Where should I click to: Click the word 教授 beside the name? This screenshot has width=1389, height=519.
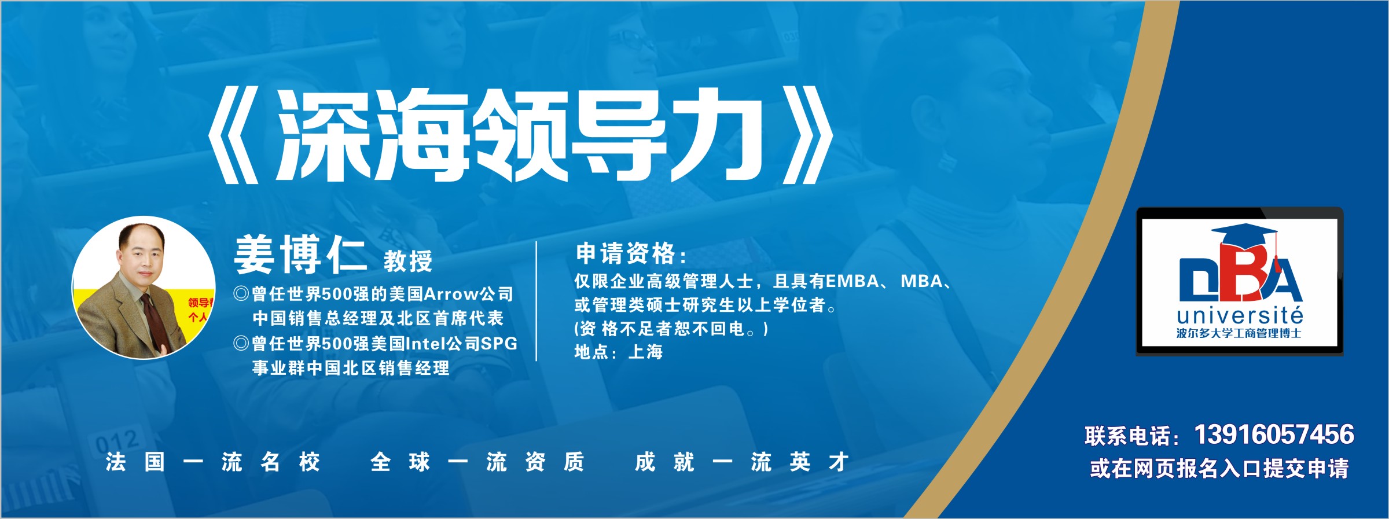[x=408, y=261]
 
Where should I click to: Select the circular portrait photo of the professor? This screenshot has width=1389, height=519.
[x=144, y=288]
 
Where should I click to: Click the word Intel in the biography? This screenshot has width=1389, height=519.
[x=426, y=344]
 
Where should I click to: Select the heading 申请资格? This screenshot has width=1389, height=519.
[x=631, y=253]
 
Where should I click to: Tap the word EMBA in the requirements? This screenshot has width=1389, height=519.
[x=852, y=281]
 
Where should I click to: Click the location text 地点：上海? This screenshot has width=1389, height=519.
[x=618, y=352]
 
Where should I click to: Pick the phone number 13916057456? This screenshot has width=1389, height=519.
[x=1274, y=435]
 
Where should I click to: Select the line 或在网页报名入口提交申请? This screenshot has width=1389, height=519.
[x=1219, y=468]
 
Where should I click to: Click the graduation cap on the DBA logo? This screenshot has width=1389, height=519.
[x=1244, y=237]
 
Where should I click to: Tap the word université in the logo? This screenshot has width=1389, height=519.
[x=1240, y=315]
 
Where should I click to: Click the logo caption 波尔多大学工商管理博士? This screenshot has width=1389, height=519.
[x=1239, y=333]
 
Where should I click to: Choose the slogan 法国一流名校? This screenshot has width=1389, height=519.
[x=213, y=462]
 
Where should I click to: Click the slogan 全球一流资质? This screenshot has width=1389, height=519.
[x=477, y=462]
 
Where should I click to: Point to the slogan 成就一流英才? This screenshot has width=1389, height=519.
[x=742, y=462]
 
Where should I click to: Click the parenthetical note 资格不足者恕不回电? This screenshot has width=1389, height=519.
[x=671, y=329]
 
